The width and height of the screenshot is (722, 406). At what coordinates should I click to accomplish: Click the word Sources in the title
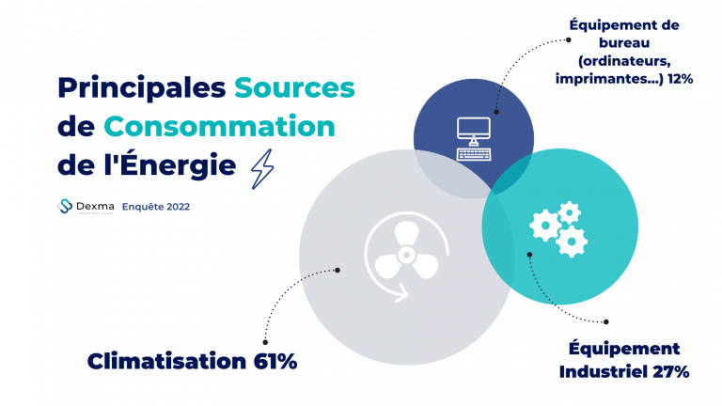294,87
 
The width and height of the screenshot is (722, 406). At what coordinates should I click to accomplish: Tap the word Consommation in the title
219,127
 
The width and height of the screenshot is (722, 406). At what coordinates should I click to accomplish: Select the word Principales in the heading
142,89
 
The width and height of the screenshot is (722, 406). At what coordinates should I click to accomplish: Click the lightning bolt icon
262,169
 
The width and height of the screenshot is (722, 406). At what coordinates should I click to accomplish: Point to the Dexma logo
86,207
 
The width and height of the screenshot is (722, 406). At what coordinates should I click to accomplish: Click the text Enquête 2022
156,207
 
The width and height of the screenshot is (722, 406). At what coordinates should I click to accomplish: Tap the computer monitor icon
474,132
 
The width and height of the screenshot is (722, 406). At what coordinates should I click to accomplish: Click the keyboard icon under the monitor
474,154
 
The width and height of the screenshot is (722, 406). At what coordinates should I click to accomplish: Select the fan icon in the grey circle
406,257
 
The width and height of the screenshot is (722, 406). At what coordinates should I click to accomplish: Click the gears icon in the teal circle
558,228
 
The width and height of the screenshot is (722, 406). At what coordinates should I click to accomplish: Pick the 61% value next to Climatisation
275,361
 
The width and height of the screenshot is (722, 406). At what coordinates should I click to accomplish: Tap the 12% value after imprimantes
680,79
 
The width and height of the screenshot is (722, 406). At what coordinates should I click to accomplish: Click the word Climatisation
166,361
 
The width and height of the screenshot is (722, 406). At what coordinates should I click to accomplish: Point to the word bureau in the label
624,43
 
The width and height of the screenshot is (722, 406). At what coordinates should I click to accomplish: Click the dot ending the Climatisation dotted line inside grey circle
337,271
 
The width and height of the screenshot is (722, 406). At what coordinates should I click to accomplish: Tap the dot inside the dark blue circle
496,112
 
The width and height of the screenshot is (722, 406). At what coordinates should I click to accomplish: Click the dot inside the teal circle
529,255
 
